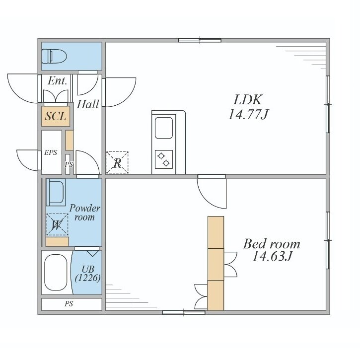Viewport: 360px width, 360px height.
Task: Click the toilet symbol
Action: [x=54, y=56]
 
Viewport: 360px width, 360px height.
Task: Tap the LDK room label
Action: [x=248, y=100]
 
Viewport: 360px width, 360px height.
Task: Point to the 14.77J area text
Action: [x=248, y=114]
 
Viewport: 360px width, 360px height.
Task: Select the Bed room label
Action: [x=272, y=244]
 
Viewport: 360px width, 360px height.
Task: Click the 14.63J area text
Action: [x=272, y=256]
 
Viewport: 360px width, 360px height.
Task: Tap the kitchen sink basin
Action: [x=164, y=128]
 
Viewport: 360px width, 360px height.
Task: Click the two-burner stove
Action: [x=164, y=159]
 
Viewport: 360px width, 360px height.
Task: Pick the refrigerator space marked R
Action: [x=117, y=162]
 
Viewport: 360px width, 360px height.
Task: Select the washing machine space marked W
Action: [x=57, y=225]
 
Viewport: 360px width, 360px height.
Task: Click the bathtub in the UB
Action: [x=56, y=272]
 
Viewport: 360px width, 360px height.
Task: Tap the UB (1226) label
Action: [x=88, y=273]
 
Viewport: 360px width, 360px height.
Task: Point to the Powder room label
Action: [x=85, y=213]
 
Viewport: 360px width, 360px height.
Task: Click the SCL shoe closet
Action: [x=56, y=116]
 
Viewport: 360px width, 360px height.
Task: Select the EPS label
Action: [x=51, y=152]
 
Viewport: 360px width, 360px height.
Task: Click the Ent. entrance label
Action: [x=58, y=80]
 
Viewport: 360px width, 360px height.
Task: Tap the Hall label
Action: [x=88, y=104]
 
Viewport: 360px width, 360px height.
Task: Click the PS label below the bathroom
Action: [x=69, y=304]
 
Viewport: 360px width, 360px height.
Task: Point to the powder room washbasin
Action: [x=56, y=192]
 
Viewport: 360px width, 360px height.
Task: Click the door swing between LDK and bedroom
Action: [x=212, y=192]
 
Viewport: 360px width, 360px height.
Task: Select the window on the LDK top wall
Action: [x=200, y=40]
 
